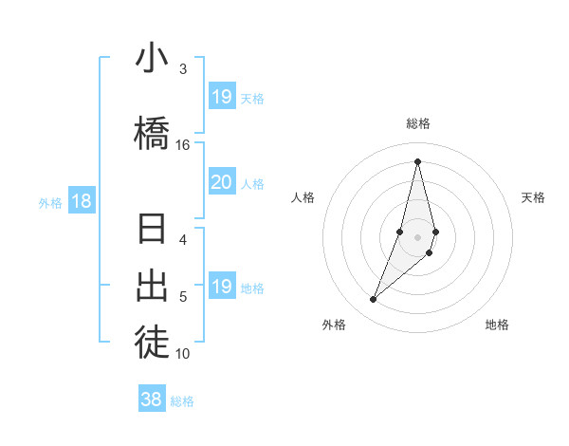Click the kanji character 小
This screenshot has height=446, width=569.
[x=152, y=60]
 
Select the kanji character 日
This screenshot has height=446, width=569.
[x=152, y=232]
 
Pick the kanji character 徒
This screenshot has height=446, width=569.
[x=152, y=341]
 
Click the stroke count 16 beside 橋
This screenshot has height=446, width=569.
[x=183, y=144]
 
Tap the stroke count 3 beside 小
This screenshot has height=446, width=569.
[x=183, y=69]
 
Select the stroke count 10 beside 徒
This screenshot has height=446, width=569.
[x=183, y=354]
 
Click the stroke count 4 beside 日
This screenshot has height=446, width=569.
[x=183, y=239]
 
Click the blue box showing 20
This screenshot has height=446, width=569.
[x=222, y=182]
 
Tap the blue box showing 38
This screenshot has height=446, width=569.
[x=152, y=400]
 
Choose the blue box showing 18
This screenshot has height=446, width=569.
[x=81, y=201]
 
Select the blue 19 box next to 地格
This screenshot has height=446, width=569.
[x=222, y=287]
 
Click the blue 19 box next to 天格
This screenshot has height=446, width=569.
[x=222, y=97]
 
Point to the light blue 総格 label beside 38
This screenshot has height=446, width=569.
[x=182, y=401]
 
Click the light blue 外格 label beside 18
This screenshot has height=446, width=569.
[x=50, y=203]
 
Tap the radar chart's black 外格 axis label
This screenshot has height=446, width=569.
[x=334, y=325]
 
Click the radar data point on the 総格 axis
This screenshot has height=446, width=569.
[x=417, y=161]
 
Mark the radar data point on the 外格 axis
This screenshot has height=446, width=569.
[x=373, y=300]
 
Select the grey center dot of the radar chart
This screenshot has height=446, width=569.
[x=417, y=237]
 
